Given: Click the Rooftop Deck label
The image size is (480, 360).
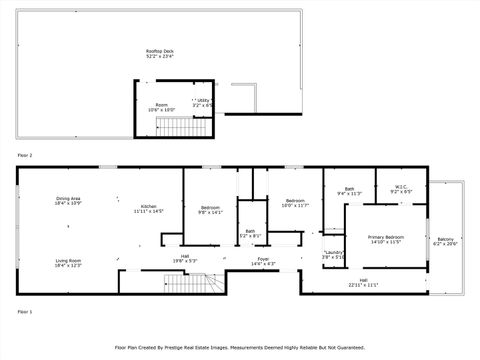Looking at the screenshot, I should [x=159, y=54].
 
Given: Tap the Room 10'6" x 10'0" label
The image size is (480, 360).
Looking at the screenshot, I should [x=160, y=108].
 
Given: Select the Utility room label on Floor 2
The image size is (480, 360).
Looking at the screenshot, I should [x=204, y=102].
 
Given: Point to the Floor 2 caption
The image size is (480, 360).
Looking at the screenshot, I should [x=25, y=156].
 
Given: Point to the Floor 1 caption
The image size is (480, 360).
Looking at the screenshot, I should [x=25, y=312].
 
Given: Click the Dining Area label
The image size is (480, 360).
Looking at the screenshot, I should [x=68, y=201].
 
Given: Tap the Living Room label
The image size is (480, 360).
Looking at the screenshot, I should [x=68, y=263].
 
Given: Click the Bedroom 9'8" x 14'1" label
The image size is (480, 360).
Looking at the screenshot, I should [x=209, y=209].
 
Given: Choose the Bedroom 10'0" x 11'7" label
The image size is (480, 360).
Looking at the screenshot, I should [x=294, y=203].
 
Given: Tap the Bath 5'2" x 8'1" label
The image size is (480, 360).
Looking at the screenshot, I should [x=250, y=234].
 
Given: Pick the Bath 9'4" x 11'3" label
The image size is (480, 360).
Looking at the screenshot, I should [x=350, y=191].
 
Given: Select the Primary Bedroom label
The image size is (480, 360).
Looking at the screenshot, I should [x=385, y=239].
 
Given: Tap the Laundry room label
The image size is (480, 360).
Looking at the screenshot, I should [x=334, y=254].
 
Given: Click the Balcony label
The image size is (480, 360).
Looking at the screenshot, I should [x=445, y=241].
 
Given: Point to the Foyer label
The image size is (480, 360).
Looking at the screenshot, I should [x=261, y=263].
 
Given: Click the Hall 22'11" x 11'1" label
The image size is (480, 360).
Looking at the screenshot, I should [x=363, y=282].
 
